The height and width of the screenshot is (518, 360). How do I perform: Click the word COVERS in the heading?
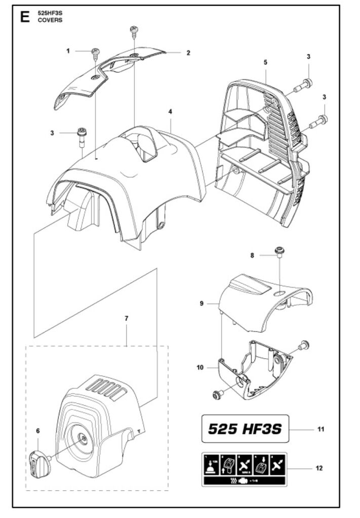coord(51,20)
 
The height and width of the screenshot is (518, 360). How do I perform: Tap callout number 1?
coord(68,51)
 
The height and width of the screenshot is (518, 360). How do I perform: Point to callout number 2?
coord(188,53)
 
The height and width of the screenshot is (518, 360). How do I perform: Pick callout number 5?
coord(265,62)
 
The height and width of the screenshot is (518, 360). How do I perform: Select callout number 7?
coord(127,318)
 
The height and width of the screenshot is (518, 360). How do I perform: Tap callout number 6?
coord(37,430)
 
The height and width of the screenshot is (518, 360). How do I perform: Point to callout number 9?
coord(202,304)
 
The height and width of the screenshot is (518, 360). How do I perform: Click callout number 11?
coord(321,429)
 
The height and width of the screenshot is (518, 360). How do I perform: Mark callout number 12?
coord(319,468)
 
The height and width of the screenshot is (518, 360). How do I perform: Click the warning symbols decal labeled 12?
coord(245,468)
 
